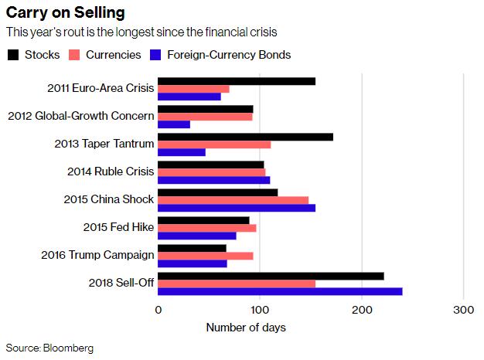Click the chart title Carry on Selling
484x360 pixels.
[66, 13]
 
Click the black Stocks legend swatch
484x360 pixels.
[13, 55]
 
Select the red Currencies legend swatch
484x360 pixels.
[75, 55]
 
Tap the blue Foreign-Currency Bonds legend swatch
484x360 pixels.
[156, 55]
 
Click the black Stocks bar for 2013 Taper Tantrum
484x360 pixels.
[245, 137]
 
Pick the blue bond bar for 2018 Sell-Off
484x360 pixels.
[280, 291]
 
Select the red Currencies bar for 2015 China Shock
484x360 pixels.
[233, 200]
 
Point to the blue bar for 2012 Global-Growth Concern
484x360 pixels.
[174, 124]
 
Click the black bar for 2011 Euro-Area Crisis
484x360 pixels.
[237, 81]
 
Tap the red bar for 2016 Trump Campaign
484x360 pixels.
[206, 256]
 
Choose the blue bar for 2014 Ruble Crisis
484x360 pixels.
[214, 180]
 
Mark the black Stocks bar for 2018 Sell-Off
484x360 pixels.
[271, 276]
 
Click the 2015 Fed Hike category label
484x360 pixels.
[118, 228]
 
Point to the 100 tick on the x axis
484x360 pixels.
[260, 310]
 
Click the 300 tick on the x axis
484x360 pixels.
[463, 310]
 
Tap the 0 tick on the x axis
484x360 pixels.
[158, 310]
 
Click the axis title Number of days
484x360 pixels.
[246, 328]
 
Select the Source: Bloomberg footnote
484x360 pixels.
[49, 348]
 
